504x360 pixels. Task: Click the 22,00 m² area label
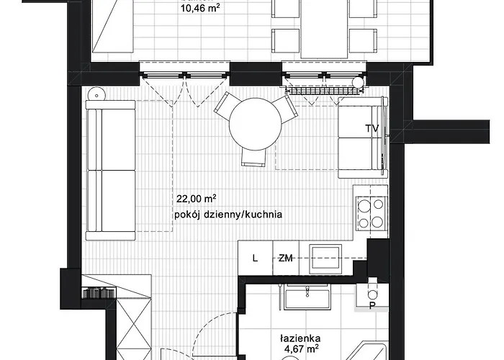coord(196,199)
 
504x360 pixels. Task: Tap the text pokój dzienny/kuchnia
coord(228,215)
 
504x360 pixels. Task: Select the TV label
coord(372,128)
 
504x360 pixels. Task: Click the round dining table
coord(255,124)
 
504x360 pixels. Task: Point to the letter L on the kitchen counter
coord(255,258)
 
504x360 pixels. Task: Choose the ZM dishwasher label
coord(286,258)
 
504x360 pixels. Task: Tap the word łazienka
coord(300,338)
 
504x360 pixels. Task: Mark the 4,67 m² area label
coord(302,348)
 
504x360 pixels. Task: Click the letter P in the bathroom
coord(372,306)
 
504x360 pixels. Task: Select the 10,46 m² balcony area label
coord(201,8)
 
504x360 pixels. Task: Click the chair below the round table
coord(254,158)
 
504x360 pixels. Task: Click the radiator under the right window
coord(325,90)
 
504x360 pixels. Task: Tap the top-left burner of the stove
coord(364,205)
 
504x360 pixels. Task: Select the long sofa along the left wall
coord(111,170)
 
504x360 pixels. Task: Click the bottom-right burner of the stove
coord(378,221)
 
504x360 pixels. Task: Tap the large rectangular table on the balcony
coord(325,29)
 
